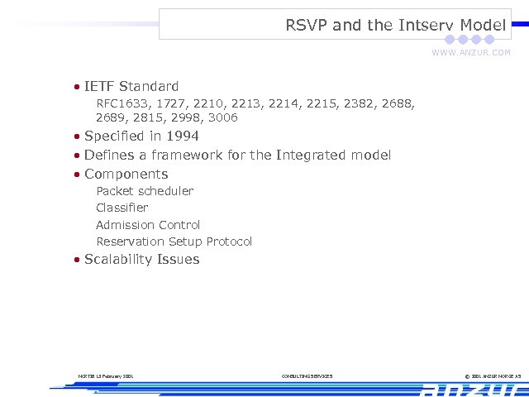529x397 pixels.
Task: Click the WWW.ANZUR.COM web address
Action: [x=471, y=52]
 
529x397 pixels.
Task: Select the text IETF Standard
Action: [x=131, y=86]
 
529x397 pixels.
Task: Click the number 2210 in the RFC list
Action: [x=208, y=103]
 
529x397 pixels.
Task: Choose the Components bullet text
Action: [x=126, y=174]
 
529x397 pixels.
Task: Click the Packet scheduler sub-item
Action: [x=145, y=191]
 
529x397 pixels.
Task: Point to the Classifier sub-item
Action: [x=122, y=208]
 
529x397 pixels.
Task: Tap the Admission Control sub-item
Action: [x=148, y=225]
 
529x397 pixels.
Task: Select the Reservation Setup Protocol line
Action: [x=174, y=242]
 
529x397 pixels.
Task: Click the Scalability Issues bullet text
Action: [x=141, y=260]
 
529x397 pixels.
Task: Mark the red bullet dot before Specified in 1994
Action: [x=76, y=136]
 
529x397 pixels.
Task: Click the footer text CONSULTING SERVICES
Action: [x=307, y=376]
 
